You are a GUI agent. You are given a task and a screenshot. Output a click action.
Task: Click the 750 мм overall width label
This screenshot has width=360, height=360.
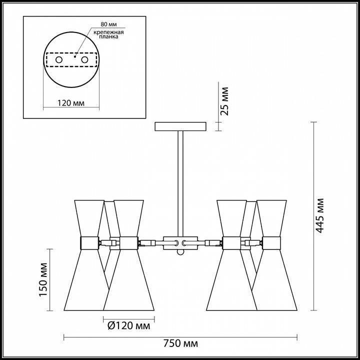(x=180, y=343)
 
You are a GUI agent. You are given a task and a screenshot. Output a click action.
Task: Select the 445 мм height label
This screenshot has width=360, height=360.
(x=319, y=215)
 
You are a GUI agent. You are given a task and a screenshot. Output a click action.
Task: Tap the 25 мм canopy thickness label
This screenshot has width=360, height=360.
(x=224, y=101)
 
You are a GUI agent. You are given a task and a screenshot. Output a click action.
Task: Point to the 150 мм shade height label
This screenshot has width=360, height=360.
(x=43, y=279)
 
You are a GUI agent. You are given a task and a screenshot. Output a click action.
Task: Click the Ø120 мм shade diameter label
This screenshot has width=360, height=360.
(x=129, y=325)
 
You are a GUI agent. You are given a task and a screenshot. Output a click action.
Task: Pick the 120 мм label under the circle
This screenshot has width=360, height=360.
(x=71, y=103)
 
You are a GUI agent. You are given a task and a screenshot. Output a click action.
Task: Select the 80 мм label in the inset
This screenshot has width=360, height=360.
(x=108, y=24)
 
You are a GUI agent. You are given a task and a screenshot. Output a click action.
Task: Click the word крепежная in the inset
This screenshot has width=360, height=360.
(x=108, y=32)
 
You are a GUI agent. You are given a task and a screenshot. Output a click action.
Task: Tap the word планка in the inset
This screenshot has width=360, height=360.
(x=108, y=36)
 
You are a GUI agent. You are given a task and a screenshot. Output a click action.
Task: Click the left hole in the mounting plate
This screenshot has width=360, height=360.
(x=59, y=60)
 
